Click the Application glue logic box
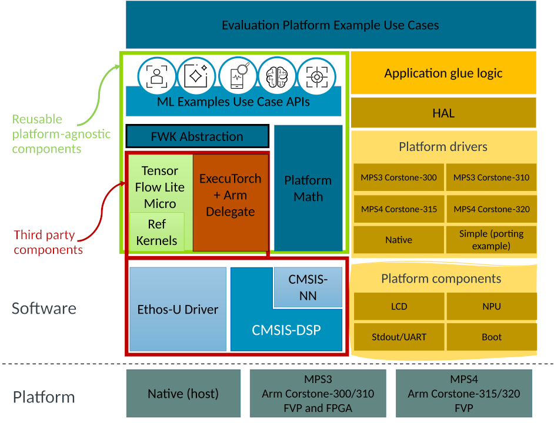tap(443, 73)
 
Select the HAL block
tap(443, 113)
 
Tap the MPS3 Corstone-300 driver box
tap(399, 177)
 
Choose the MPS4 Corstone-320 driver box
tap(491, 209)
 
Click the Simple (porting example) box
tap(491, 240)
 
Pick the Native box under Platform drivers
tap(399, 240)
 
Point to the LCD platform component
tap(399, 306)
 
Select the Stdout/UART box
tap(399, 337)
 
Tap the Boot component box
tap(491, 337)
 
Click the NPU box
tap(491, 306)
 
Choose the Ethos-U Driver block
tap(178, 310)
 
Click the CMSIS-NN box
tap(308, 287)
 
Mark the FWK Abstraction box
tap(197, 136)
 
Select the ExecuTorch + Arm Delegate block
tap(230, 196)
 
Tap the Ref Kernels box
tap(156, 232)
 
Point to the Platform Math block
tap(308, 188)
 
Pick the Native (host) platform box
tap(183, 394)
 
